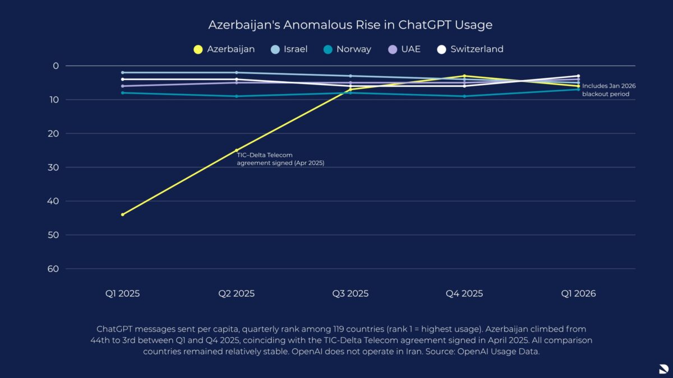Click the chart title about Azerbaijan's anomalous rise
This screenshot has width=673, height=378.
tap(351, 25)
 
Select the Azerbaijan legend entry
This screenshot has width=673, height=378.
tap(224, 49)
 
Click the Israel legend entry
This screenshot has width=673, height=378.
tap(289, 49)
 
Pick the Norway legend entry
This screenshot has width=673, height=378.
tap(347, 49)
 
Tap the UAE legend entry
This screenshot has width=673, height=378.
tap(404, 49)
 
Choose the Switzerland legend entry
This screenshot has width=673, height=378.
tap(470, 49)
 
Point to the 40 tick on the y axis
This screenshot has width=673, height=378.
tap(53, 201)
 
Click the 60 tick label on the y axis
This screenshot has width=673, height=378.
tap(53, 269)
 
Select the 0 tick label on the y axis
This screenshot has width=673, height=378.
tap(56, 66)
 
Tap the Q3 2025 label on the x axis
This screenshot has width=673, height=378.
tap(351, 293)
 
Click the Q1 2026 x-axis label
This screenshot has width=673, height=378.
tap(578, 293)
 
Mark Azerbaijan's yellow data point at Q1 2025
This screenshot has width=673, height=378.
tap(123, 214)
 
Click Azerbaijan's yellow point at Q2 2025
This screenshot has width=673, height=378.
tap(237, 150)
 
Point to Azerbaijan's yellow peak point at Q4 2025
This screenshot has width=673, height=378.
tap(464, 76)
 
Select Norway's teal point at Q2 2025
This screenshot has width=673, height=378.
tap(237, 96)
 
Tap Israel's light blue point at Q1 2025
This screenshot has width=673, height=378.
tap(123, 73)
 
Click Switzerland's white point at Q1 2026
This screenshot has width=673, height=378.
tap(578, 76)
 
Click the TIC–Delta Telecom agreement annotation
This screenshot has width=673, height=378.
tap(280, 159)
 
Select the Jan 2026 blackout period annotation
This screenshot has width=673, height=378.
tap(609, 90)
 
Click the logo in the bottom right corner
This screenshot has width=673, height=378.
tap(664, 368)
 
